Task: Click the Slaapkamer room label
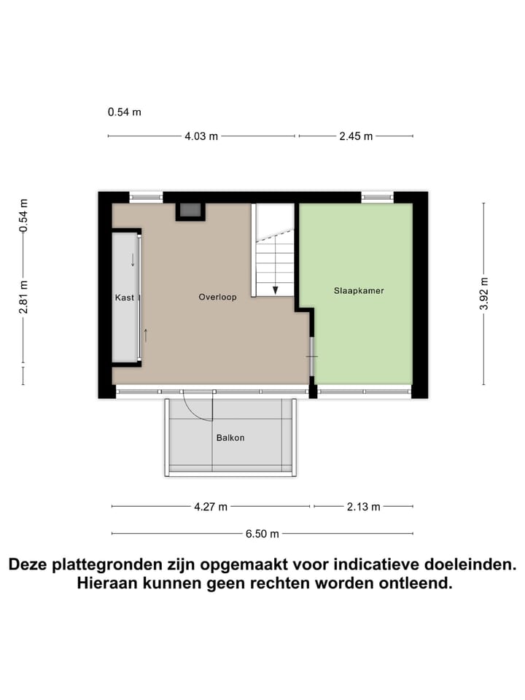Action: point(359,290)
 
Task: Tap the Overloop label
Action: point(217,297)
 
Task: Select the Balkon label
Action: point(230,438)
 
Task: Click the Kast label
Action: point(123,297)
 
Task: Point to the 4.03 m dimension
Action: point(202,136)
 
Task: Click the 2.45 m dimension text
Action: point(356,136)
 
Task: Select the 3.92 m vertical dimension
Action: point(483,294)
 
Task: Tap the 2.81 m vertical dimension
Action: point(23,297)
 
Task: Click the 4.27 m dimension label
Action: point(211,507)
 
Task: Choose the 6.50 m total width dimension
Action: point(262,533)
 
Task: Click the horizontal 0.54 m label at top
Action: point(124,112)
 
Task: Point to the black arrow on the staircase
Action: point(275,289)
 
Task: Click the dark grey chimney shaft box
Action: point(190,211)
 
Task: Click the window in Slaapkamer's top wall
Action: point(377,196)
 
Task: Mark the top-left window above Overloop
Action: point(146,196)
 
